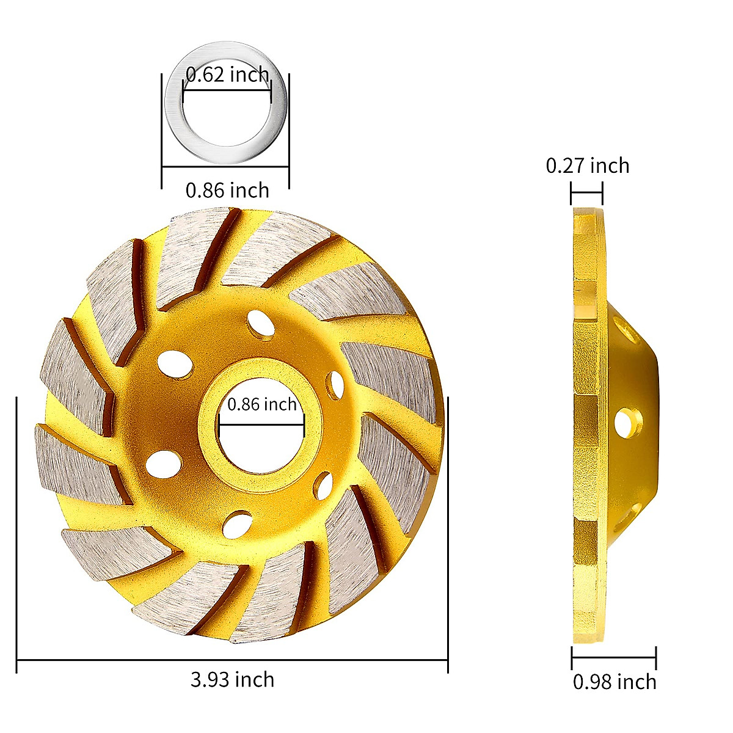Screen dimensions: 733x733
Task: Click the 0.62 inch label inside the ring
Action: point(227,75)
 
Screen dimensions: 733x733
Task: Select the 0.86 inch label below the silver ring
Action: point(227,190)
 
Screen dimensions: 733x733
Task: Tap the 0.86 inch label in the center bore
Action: point(261,404)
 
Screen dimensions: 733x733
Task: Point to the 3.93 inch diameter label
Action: point(232,679)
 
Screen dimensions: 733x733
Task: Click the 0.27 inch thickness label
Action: point(587,166)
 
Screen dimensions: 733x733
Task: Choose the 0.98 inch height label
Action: point(614,682)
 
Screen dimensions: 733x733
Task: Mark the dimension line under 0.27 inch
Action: point(586,193)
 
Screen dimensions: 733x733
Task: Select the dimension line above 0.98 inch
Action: point(614,658)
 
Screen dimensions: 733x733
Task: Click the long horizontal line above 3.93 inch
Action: point(232,660)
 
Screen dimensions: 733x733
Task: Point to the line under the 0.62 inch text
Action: point(227,91)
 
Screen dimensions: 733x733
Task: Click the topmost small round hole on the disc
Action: point(261,321)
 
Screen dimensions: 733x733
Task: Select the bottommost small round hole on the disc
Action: point(238,525)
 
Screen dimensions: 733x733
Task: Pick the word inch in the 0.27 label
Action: point(608,166)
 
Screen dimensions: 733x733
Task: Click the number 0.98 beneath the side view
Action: point(593,682)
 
